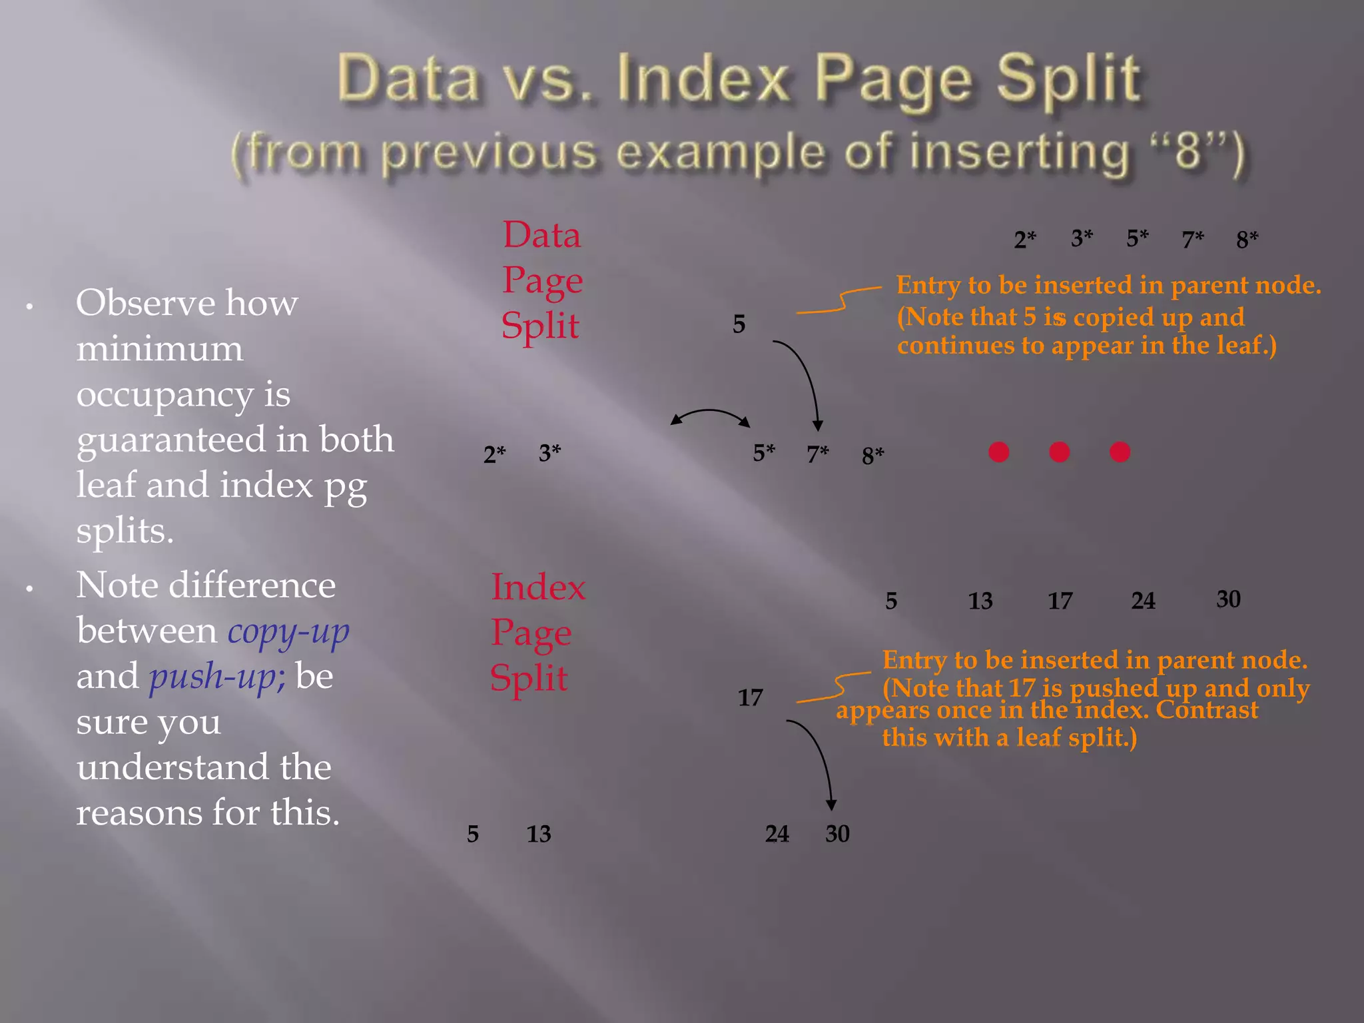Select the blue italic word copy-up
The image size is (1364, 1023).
(288, 631)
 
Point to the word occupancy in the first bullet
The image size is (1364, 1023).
(165, 395)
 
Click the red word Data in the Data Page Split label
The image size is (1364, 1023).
(541, 235)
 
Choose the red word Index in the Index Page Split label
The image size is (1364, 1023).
(538, 587)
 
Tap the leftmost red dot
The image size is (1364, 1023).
(998, 452)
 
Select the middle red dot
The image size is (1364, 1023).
(1059, 452)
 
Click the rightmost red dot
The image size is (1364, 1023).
(1120, 452)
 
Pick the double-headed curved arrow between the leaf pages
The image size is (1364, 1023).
(710, 416)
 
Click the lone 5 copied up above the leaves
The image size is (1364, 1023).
(739, 324)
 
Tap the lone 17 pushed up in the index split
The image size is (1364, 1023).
(750, 698)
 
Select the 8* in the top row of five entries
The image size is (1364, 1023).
(1247, 239)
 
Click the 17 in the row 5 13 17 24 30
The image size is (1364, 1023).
(1060, 601)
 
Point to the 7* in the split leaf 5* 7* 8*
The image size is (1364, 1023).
(817, 454)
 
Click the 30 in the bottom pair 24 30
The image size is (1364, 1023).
(837, 834)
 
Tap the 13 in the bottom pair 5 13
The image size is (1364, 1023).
(539, 834)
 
